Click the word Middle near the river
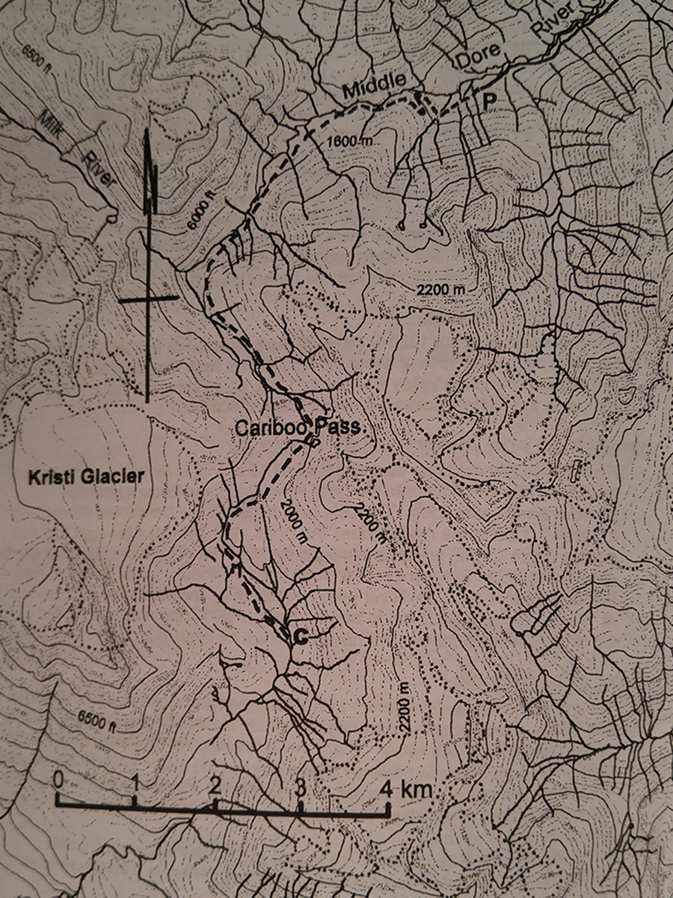pos(374,87)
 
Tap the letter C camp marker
pos(298,637)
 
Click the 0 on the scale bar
pos(58,780)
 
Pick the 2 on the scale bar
pos(215,786)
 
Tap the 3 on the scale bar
pos(299,787)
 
